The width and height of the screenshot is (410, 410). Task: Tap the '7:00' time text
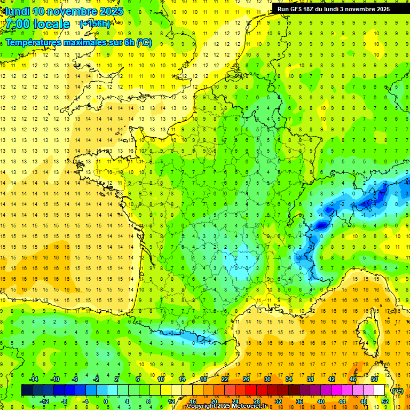pos(17,25)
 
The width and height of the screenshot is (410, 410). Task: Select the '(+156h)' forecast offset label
pos(94,23)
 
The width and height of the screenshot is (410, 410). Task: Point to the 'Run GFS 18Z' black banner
pos(333,9)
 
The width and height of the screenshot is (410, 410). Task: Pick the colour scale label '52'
pos(385,401)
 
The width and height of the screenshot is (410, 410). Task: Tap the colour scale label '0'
pos(106,401)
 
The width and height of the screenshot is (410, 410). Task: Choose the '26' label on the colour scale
pos(246,379)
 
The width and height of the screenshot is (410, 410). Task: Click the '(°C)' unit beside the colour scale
pos(397,391)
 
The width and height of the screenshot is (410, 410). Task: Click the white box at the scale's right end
pos(380,390)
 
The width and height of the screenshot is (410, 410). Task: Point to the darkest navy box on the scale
pos(27,390)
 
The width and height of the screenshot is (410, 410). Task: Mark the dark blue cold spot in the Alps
pos(321,225)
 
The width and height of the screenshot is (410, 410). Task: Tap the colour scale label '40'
pos(321,401)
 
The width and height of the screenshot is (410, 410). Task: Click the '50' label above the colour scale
pos(374,379)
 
